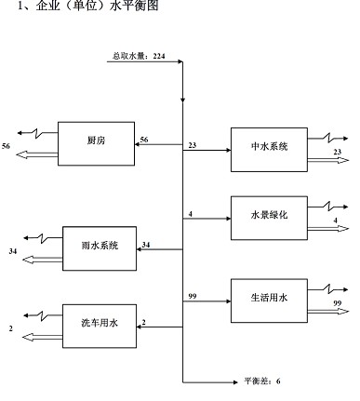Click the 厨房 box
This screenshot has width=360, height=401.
tap(97, 142)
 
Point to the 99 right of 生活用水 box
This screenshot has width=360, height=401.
tap(339, 304)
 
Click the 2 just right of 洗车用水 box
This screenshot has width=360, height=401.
tap(143, 322)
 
